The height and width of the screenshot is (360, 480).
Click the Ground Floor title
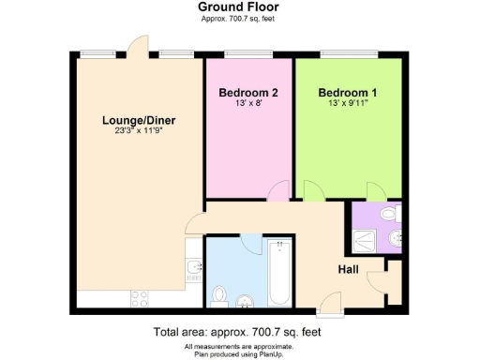[x=238, y=7]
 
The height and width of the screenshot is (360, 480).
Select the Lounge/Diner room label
[x=140, y=121]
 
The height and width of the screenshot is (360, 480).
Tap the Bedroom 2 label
[x=248, y=93]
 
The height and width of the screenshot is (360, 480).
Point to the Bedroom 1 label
[x=348, y=93]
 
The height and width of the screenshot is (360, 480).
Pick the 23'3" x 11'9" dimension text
[x=140, y=132]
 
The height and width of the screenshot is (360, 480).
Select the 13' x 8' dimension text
[x=248, y=104]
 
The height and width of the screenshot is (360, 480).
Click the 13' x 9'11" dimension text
[x=348, y=104]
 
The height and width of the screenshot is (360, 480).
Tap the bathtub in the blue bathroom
[x=279, y=274]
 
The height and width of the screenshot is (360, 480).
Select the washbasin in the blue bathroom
[x=246, y=300]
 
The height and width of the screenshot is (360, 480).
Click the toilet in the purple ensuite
[x=394, y=238]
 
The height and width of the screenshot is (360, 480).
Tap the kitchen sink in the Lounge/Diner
[x=194, y=272]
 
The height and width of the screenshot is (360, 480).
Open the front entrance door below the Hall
[x=330, y=302]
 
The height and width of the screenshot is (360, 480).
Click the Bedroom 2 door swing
[x=277, y=191]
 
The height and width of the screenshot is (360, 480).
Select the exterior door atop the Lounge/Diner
[x=137, y=47]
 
